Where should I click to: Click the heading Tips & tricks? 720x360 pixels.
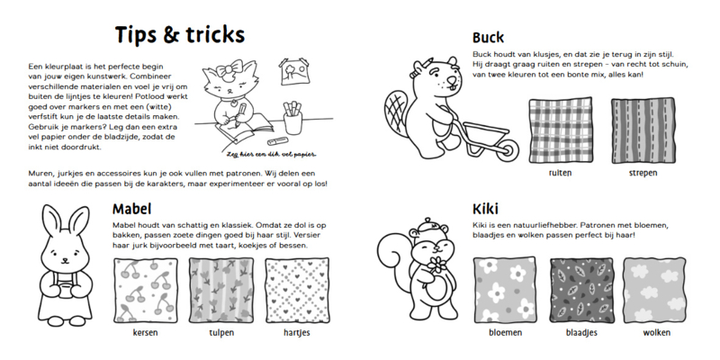click(x=179, y=35)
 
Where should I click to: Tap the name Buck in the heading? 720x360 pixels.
click(x=488, y=37)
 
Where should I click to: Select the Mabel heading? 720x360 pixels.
click(x=131, y=209)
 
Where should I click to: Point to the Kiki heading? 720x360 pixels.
click(x=485, y=209)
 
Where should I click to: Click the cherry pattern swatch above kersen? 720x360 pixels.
click(x=146, y=290)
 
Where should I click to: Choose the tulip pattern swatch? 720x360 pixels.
click(x=221, y=290)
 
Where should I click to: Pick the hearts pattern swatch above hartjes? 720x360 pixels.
click(x=297, y=290)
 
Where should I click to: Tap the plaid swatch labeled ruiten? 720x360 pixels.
click(x=560, y=130)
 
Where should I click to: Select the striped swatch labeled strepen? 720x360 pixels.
click(x=643, y=130)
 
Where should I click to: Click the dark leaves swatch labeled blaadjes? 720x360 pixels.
click(x=581, y=290)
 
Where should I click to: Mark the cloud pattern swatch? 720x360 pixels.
click(x=655, y=290)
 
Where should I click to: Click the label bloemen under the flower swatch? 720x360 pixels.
click(x=505, y=332)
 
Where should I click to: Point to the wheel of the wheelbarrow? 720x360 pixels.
click(x=508, y=149)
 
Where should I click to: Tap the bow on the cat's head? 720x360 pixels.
click(x=229, y=69)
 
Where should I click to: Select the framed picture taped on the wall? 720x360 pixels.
click(x=294, y=71)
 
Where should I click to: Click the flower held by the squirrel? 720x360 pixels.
click(x=437, y=265)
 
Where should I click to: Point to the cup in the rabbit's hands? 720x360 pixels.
click(x=65, y=290)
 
